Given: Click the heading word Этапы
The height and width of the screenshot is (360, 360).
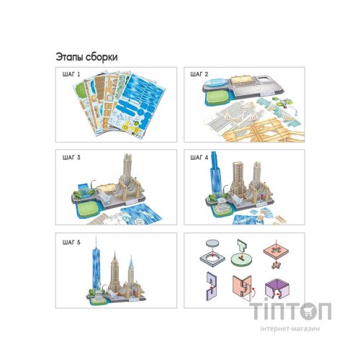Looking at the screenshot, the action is pos(70,57).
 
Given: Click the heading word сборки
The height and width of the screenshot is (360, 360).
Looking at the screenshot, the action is pos(102,58).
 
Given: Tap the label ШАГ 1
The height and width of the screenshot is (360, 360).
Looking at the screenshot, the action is pos(71,74).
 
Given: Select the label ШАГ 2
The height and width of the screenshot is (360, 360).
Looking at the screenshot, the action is pos(199,74).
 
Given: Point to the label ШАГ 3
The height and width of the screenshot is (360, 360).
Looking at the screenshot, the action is pos(71,158).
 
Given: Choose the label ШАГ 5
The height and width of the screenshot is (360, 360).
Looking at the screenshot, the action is pos(71,243).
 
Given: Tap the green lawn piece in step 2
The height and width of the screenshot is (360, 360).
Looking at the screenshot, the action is pos(216,98).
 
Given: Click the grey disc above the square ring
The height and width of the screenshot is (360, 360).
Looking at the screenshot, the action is pos(212,243).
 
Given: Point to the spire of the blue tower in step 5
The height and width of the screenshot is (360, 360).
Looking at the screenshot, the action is pos(96,243).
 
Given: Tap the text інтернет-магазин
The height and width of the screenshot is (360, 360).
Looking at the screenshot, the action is pos(290,328).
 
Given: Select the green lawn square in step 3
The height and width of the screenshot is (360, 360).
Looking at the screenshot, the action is pos(89,208).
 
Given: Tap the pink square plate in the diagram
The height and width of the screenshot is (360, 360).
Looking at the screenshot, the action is pos(276,252).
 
